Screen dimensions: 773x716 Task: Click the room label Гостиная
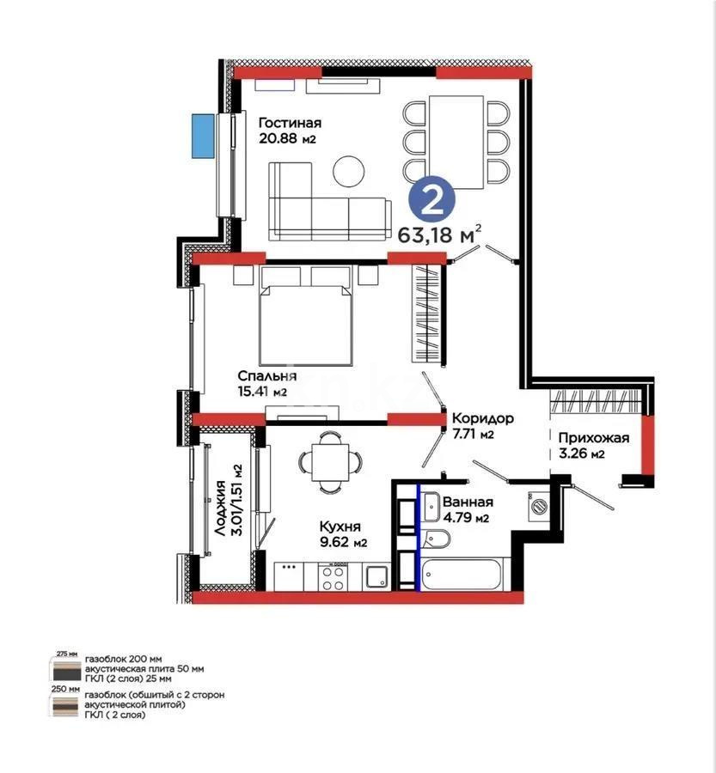tap(290, 122)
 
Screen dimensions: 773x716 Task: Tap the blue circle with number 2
tap(433, 198)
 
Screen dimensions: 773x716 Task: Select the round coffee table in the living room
tap(349, 169)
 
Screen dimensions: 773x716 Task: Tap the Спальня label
tap(266, 376)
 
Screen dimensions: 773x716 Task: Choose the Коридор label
tap(483, 418)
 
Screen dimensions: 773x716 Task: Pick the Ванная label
tap(468, 502)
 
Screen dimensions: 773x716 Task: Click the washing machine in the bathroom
tap(538, 505)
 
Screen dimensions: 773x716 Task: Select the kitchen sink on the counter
tap(376, 575)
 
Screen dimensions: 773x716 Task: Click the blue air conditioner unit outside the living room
tap(203, 136)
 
